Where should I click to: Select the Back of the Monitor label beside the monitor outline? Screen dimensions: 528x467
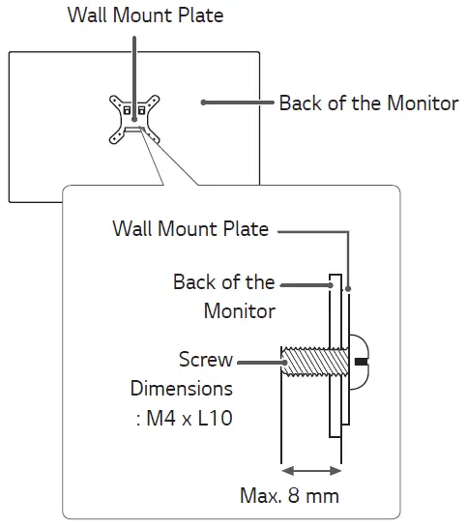point(368,103)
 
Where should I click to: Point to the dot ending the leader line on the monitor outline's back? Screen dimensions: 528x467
point(201,103)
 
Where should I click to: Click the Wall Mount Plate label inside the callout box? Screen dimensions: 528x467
point(190,229)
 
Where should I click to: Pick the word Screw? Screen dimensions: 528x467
point(206,360)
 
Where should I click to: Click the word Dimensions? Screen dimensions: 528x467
point(182,389)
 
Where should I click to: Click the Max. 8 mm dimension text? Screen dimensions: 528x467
point(289,496)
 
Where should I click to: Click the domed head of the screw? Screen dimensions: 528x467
point(359,362)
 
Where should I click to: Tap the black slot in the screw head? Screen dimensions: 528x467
point(362,362)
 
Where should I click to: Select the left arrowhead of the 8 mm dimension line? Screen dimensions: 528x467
point(284,471)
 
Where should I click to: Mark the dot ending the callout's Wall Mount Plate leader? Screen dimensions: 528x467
point(347,287)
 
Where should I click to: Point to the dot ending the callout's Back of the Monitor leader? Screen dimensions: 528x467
point(332,285)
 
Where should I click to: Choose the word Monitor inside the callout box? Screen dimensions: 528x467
point(239,311)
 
